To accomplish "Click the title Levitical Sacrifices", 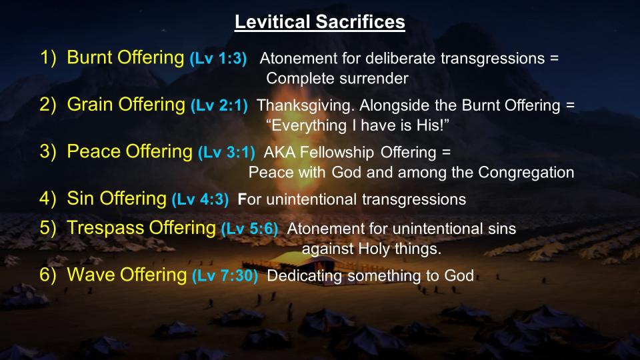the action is [x=319, y=21].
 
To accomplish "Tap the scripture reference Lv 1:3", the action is [x=219, y=59].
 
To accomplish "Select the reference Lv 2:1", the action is [x=219, y=105].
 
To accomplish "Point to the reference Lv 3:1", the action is [x=227, y=152].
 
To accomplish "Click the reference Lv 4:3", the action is [x=200, y=199].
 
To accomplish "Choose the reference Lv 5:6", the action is [x=249, y=229].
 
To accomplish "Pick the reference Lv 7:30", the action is [x=225, y=275].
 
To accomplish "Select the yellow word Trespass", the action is [x=105, y=228].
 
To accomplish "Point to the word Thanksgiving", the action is [x=306, y=106].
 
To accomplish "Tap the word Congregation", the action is [x=526, y=173].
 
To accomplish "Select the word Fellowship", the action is [x=337, y=153].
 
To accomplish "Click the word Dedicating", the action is [x=305, y=276].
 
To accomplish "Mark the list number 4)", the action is [x=47, y=199].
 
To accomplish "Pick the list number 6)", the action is [x=47, y=275].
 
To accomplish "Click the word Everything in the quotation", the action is [x=309, y=126].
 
